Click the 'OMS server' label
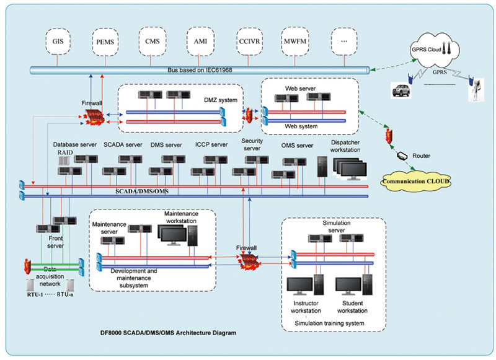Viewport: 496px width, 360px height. point(297,146)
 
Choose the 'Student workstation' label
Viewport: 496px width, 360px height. point(353,307)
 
